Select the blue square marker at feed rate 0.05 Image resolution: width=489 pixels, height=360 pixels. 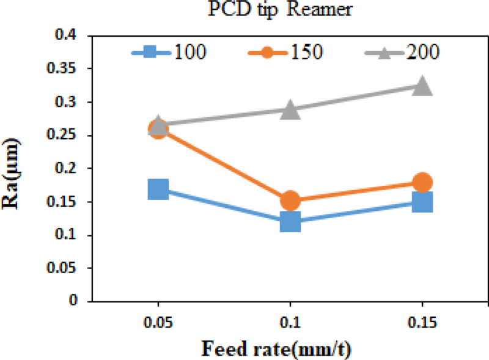click(158, 189)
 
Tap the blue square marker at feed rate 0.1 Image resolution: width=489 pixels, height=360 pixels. click(290, 222)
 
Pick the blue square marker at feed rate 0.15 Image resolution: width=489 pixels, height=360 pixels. click(422, 202)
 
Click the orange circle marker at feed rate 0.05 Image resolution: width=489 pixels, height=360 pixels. click(158, 130)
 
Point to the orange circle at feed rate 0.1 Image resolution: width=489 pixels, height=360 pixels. click(290, 200)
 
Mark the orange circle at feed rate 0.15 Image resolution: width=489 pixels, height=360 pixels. click(422, 182)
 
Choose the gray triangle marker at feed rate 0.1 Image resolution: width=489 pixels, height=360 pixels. click(290, 111)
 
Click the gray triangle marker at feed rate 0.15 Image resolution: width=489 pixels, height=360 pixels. click(422, 87)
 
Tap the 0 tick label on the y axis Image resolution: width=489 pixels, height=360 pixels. click(74, 301)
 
